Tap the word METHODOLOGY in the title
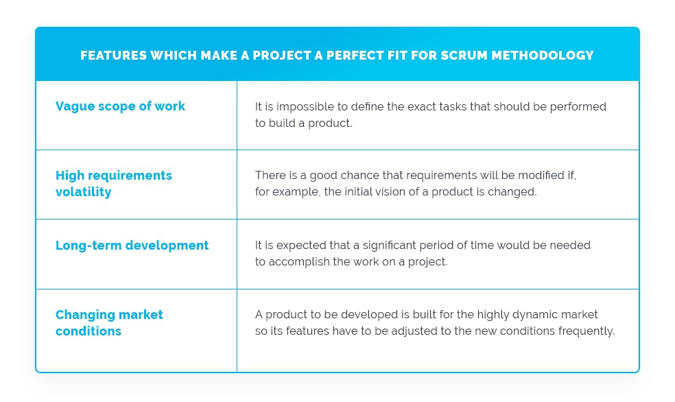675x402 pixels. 543,56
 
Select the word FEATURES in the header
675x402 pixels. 114,56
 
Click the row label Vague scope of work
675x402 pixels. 120,106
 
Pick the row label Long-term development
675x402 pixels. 132,246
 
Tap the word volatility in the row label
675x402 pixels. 84,192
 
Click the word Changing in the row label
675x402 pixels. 85,315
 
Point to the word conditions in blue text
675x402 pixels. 88,331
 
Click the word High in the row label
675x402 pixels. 70,176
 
